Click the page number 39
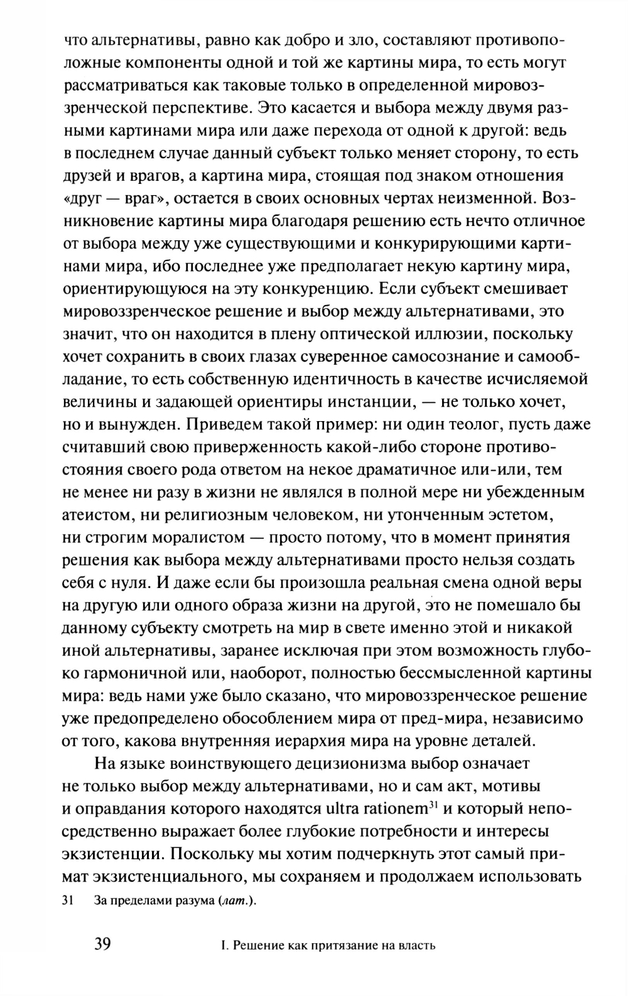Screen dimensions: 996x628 (x=102, y=944)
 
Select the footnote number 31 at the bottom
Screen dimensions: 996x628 (x=68, y=901)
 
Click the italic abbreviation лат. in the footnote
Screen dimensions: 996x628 (x=235, y=901)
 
